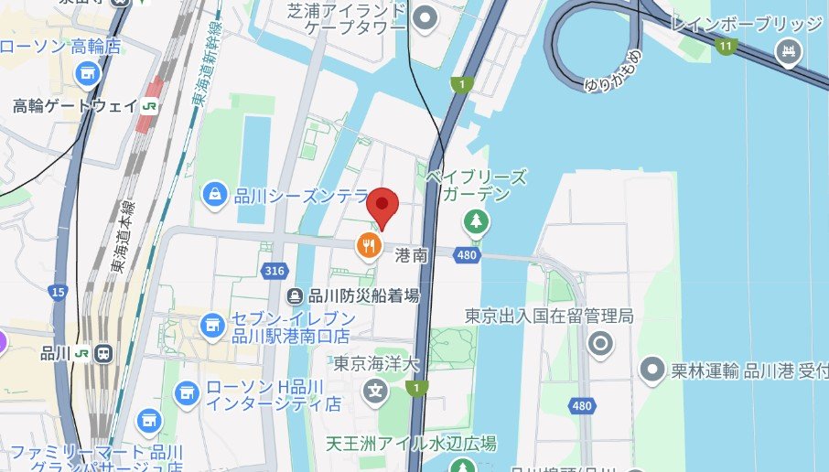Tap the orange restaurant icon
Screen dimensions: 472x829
(x=369, y=244)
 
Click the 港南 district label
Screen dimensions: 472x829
(x=411, y=256)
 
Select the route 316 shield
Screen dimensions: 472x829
(x=273, y=271)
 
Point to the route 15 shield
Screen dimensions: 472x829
(x=59, y=293)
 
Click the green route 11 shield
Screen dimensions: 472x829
(x=727, y=45)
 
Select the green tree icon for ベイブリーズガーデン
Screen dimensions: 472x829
(x=475, y=220)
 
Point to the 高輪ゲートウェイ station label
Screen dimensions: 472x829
(x=74, y=106)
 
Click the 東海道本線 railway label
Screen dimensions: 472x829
(x=119, y=236)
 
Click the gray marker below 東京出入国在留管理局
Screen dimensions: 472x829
(x=600, y=344)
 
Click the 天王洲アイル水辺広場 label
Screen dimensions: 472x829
(x=411, y=444)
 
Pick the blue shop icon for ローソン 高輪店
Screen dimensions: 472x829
(x=89, y=72)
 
